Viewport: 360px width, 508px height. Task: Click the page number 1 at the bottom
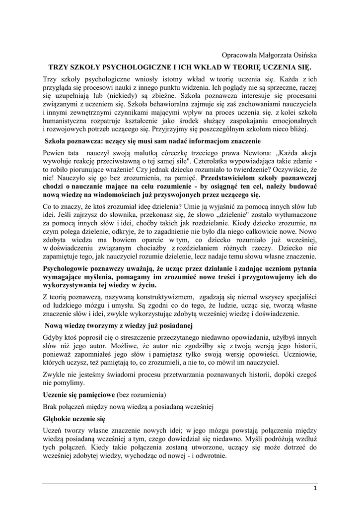coord(315,489)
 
